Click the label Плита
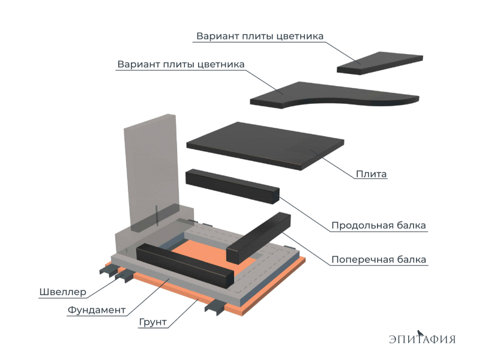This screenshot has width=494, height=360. pyautogui.click(x=371, y=175)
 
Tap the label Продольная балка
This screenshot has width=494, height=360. pyautogui.click(x=379, y=226)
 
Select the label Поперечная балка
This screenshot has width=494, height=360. pyautogui.click(x=379, y=260)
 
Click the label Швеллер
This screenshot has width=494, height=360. pyautogui.click(x=62, y=292)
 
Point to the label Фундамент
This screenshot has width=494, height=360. pyautogui.click(x=96, y=310)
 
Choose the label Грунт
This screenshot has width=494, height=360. pyautogui.click(x=152, y=322)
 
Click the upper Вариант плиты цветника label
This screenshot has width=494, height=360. pyautogui.click(x=260, y=36)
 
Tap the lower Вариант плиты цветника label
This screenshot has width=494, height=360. pyautogui.click(x=181, y=64)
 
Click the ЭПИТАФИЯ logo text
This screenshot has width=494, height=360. pyautogui.click(x=422, y=339)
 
